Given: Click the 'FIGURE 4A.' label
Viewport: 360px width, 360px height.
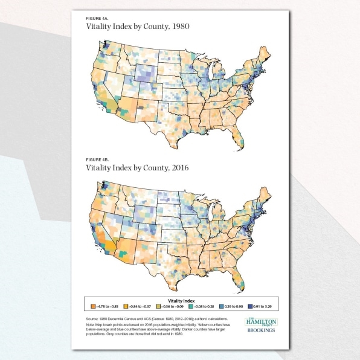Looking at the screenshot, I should point(97,19).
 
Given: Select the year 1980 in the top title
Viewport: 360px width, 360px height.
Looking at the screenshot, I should point(176,28).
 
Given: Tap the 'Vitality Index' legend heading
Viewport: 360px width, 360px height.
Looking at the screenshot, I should point(182,299).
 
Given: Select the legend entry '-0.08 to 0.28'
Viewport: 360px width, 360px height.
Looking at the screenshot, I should point(190,306).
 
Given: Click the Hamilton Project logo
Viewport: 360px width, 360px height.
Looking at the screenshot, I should point(257,323).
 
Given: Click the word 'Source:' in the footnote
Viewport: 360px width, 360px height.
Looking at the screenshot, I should point(94,317).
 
